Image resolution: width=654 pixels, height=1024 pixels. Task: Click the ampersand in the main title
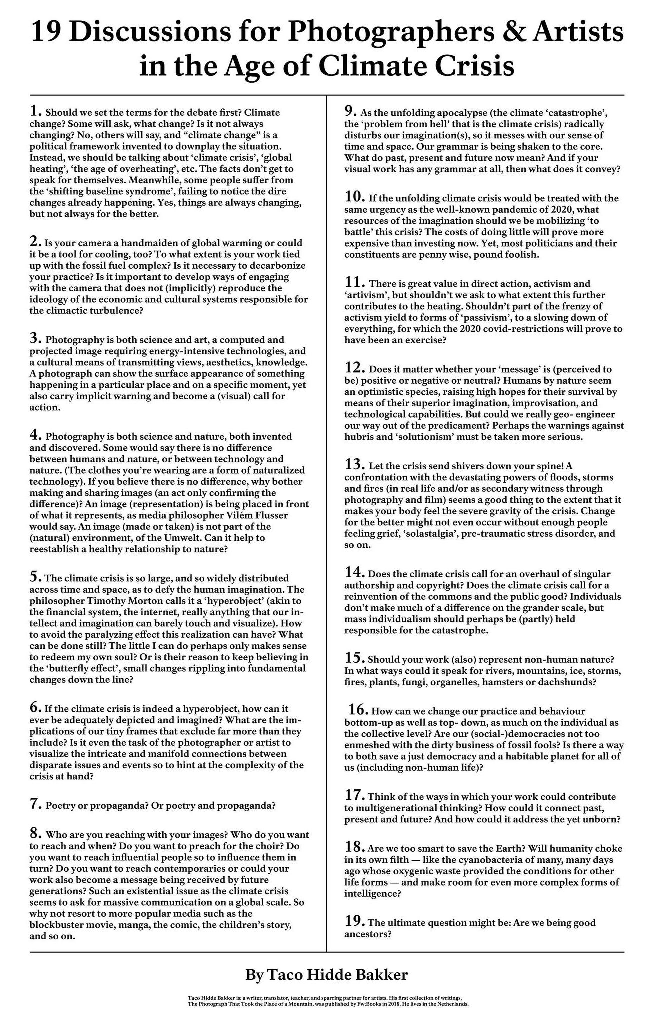pos(523,32)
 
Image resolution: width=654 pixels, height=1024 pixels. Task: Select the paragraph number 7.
pos(35,804)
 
